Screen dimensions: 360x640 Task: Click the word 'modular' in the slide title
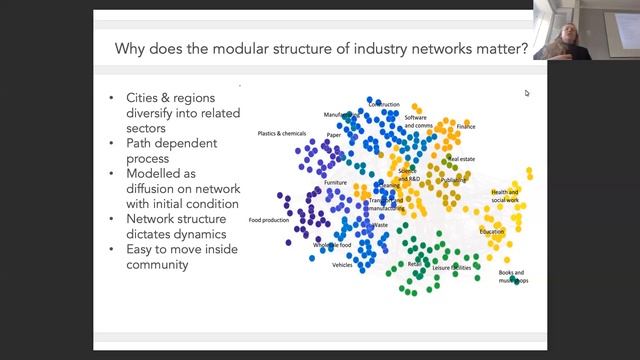242,47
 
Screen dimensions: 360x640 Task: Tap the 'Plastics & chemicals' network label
280,133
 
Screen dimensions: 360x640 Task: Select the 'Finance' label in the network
466,127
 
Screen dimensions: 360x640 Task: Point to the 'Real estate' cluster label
462,159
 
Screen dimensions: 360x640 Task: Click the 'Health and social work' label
505,196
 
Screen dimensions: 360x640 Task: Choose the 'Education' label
491,232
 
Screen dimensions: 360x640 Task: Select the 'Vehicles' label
342,265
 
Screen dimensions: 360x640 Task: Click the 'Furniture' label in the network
335,183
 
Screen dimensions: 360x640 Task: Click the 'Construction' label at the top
384,104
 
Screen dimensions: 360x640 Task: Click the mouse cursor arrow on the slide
527,93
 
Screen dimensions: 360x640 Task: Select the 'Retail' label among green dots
414,264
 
